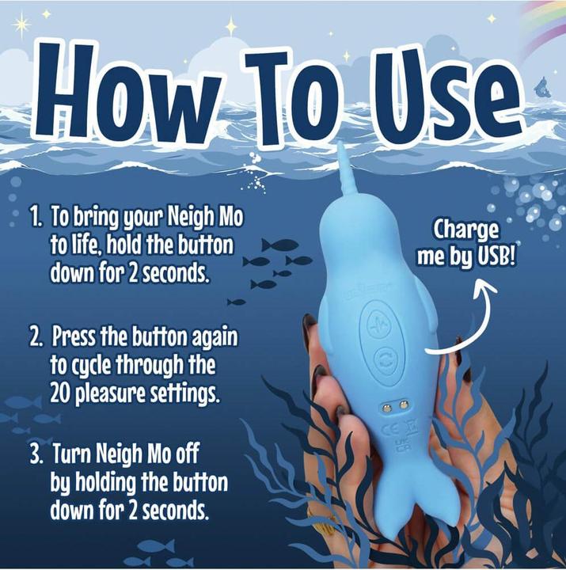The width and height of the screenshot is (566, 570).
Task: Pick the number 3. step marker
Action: pos(36,455)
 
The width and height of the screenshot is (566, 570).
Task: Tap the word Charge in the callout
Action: pos(466,230)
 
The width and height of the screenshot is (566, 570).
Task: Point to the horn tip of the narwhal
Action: pos(340,150)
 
